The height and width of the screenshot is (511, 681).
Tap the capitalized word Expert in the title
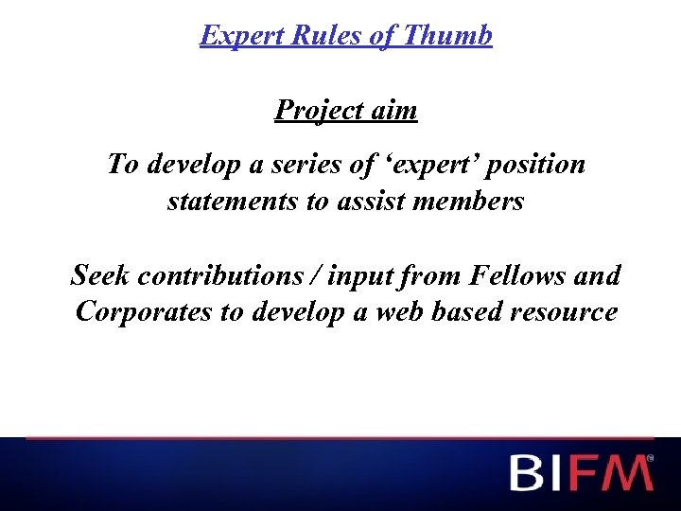coord(241,36)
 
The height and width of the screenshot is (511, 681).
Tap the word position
coord(538,165)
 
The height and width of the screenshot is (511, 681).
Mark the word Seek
coord(101,275)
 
